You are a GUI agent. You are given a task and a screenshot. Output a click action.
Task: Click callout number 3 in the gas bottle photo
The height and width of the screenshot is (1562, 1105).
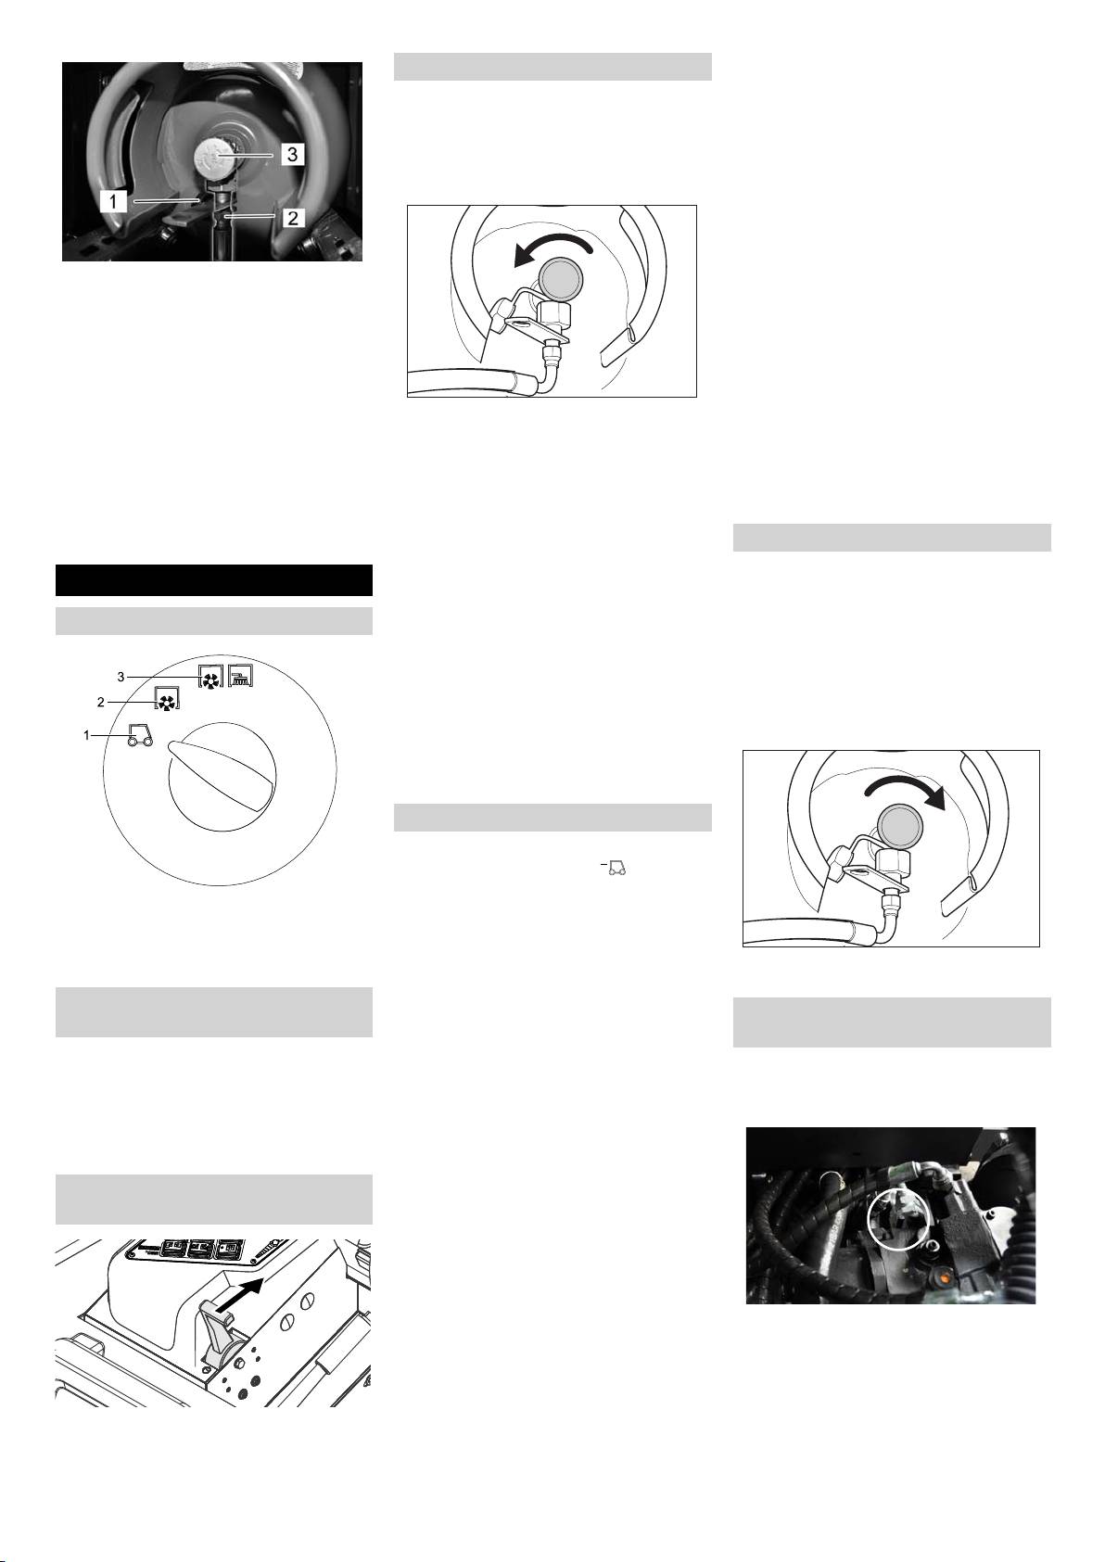pyautogui.click(x=293, y=153)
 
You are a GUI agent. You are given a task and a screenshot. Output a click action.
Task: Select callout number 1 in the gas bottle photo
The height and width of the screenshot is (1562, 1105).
pyautogui.click(x=113, y=201)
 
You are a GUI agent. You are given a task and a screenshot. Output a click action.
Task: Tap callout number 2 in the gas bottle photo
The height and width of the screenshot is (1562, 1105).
pyautogui.click(x=293, y=218)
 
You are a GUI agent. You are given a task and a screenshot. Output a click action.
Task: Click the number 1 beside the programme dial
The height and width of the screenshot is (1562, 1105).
pyautogui.click(x=87, y=735)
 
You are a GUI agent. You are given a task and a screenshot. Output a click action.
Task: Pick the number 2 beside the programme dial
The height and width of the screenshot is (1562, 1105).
pyautogui.click(x=101, y=702)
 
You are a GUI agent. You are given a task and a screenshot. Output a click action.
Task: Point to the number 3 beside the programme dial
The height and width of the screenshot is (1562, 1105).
pyautogui.click(x=121, y=677)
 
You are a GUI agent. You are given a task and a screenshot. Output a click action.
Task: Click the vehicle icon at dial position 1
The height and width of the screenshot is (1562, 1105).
pyautogui.click(x=140, y=736)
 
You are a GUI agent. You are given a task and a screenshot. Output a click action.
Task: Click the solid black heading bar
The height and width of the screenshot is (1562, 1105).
pyautogui.click(x=214, y=580)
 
